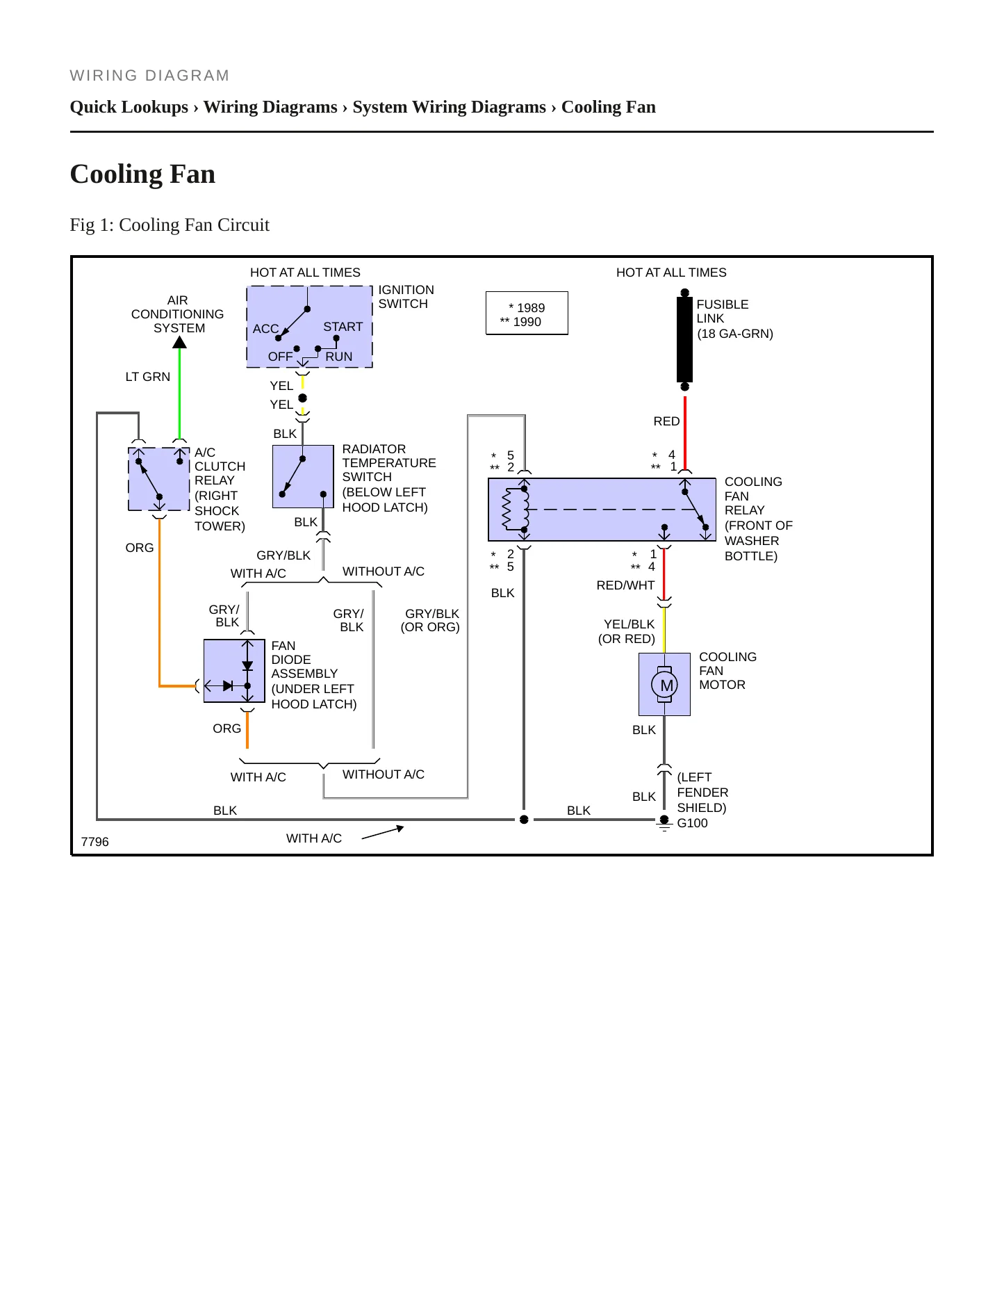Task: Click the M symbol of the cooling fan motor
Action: (666, 685)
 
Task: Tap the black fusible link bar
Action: (684, 340)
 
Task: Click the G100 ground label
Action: (692, 823)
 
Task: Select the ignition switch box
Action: (309, 327)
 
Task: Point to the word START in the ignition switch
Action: (343, 327)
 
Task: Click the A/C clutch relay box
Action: (159, 479)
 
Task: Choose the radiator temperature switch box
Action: (303, 477)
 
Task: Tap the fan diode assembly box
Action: (234, 671)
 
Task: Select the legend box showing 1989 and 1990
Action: (527, 314)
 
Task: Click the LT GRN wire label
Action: (148, 377)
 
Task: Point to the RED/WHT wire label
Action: (625, 585)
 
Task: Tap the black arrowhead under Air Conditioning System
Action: (179, 342)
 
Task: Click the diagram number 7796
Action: (95, 842)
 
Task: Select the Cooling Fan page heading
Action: (142, 174)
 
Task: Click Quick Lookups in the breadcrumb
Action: (129, 107)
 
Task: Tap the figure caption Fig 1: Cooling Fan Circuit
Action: (170, 225)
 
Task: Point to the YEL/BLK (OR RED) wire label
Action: (627, 631)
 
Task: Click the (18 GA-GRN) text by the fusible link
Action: (735, 334)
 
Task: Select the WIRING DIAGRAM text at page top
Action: (149, 75)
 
